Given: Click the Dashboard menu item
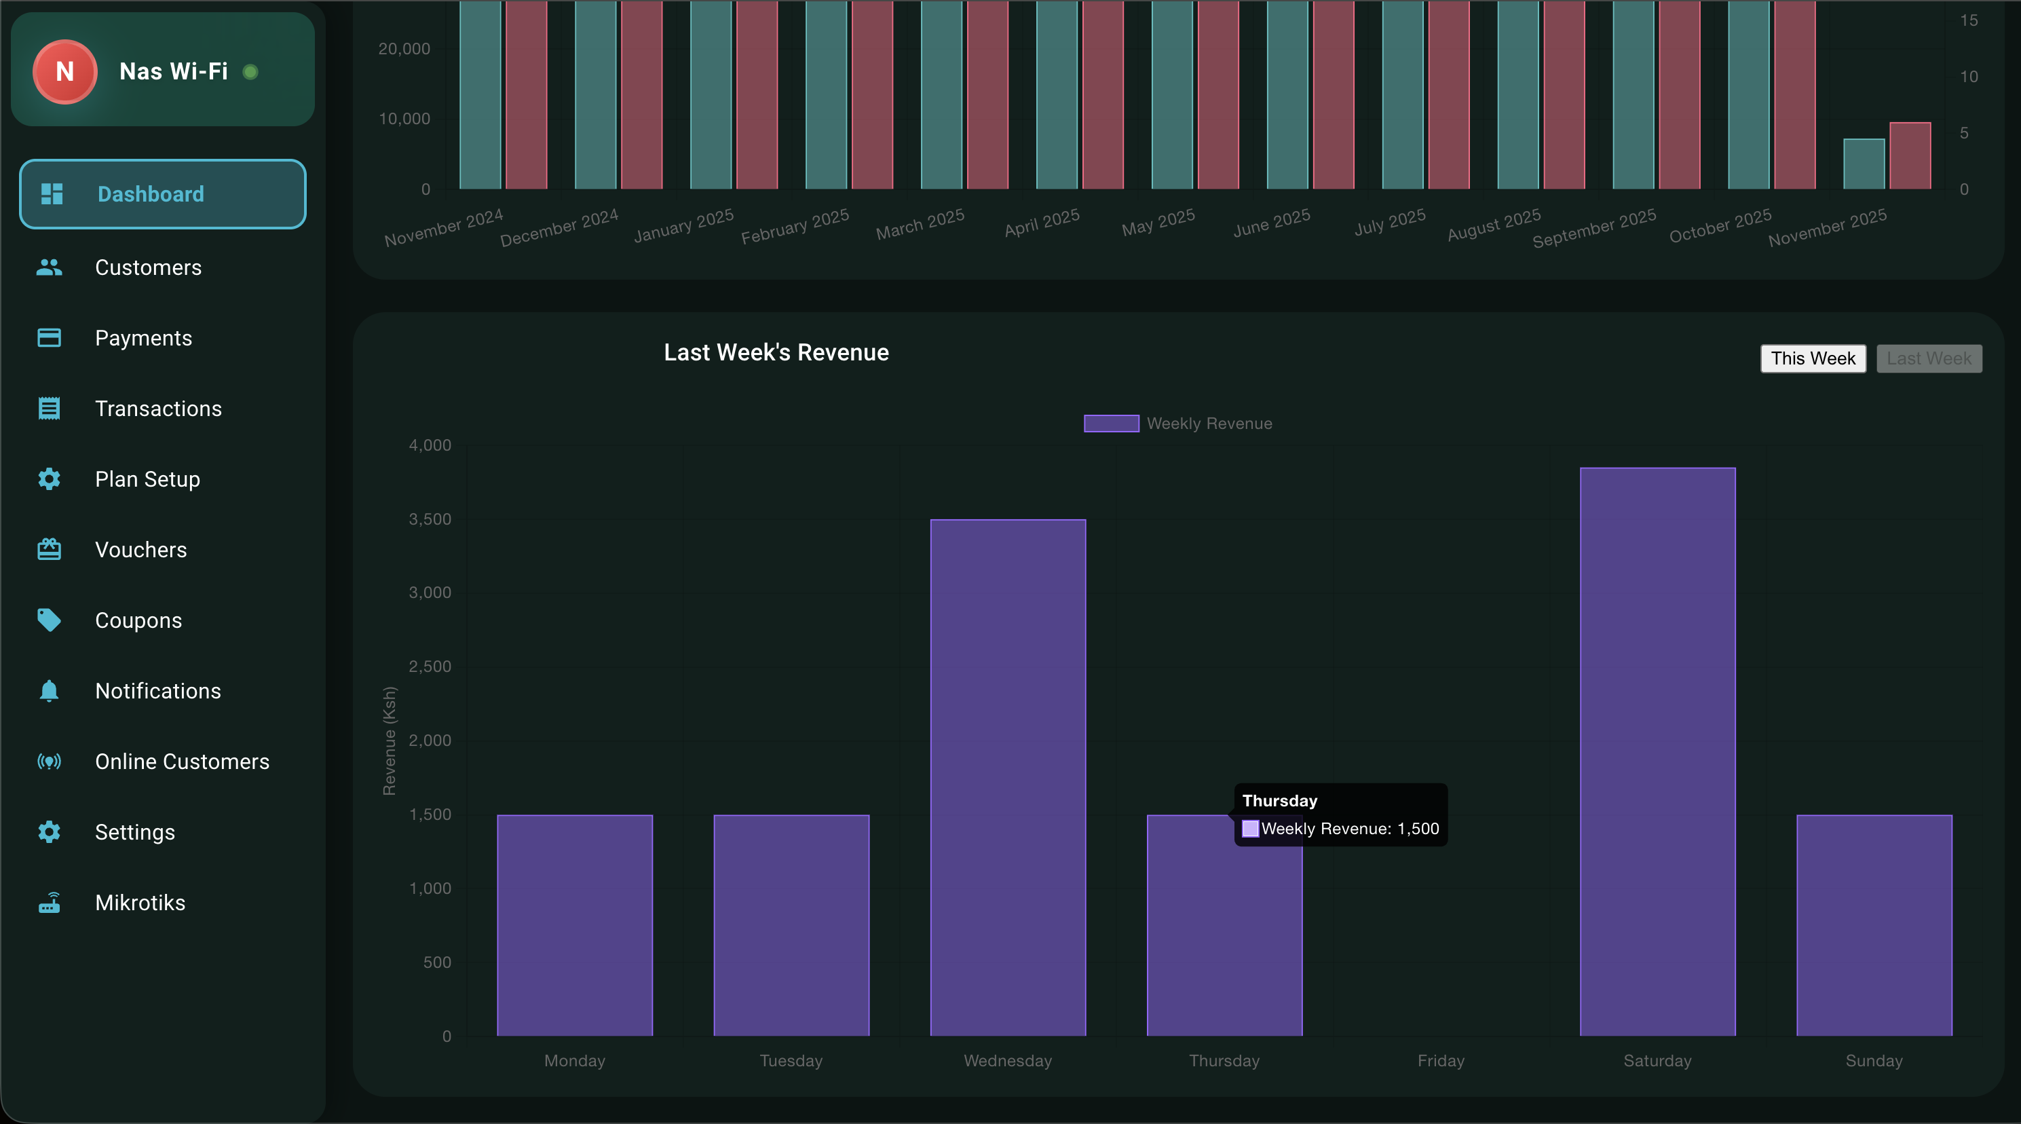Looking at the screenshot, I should [162, 194].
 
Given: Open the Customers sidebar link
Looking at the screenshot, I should [147, 267].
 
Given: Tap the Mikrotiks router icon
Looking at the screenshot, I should [50, 903].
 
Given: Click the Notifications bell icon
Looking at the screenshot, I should [50, 691].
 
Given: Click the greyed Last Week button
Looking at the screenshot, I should [1929, 358].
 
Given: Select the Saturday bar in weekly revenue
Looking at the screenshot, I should [1657, 751].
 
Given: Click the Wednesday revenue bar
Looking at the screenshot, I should [1007, 777].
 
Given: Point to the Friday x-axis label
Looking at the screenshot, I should [1441, 1060].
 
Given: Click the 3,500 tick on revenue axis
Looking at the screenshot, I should [430, 519].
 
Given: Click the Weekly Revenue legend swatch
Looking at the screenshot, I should [1111, 424].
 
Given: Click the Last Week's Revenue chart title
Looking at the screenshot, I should [776, 352].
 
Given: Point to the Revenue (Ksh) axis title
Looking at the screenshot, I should [389, 741].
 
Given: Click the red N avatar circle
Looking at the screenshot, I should [65, 71].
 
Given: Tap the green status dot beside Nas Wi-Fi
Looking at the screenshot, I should [250, 72].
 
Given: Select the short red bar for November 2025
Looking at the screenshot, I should [1910, 155].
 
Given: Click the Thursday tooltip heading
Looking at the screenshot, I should [1280, 801].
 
